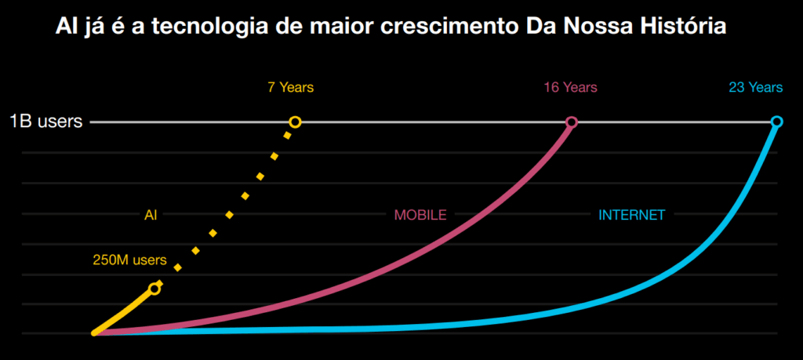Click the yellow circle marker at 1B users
coord(295,122)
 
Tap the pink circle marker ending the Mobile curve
coord(572,122)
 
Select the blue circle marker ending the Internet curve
coord(776,122)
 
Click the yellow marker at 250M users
coord(154,289)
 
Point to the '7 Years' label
coord(290,87)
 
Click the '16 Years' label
coord(571,87)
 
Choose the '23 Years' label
coord(755,87)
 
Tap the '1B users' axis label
coord(45,122)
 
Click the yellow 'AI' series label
coord(151,214)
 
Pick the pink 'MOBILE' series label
coord(420,214)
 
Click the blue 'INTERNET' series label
coord(631,214)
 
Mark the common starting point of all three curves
coord(95,333)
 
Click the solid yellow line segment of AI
coord(125,311)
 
